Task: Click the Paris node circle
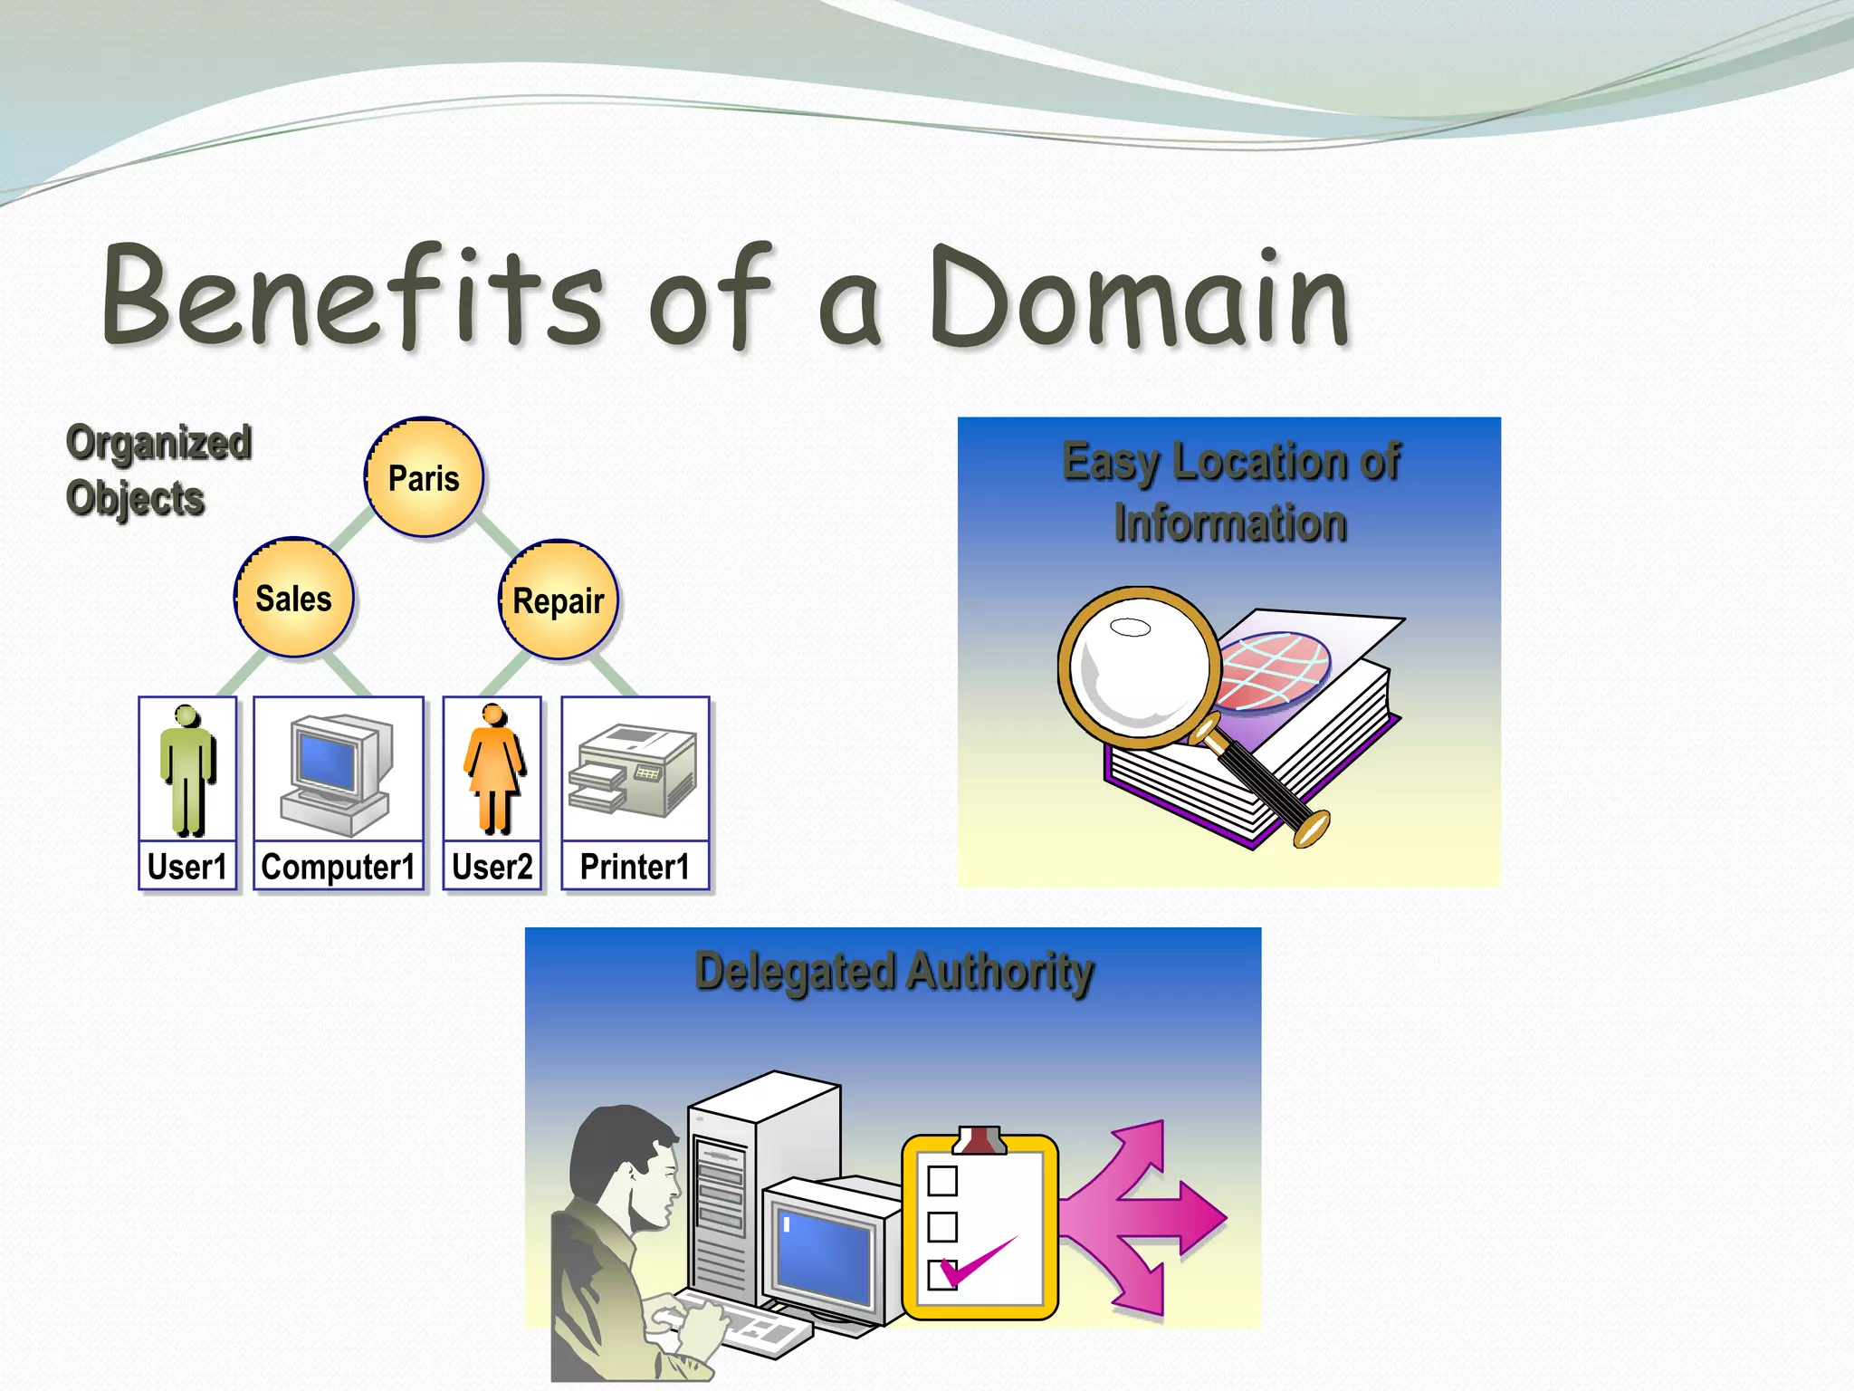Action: [424, 477]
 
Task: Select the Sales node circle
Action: [293, 598]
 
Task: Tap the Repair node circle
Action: [559, 600]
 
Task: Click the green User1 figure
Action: [187, 770]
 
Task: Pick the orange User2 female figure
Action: [493, 770]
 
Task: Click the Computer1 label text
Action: [338, 867]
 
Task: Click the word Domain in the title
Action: [1139, 299]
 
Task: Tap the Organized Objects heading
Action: [158, 470]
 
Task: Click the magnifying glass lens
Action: [1139, 666]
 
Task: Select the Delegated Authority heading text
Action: [894, 972]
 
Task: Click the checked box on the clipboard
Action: [943, 1272]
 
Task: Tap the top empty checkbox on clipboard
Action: [942, 1181]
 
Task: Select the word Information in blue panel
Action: [1229, 523]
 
